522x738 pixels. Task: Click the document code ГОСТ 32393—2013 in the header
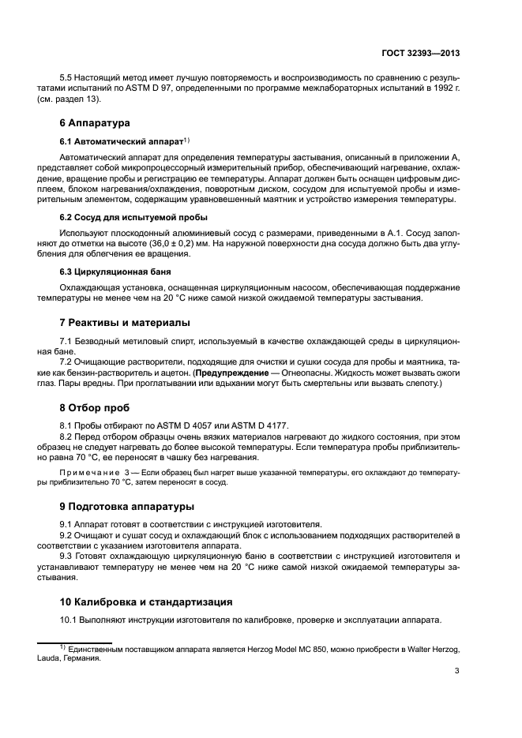click(x=420, y=54)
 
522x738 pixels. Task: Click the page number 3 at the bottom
click(x=457, y=672)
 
